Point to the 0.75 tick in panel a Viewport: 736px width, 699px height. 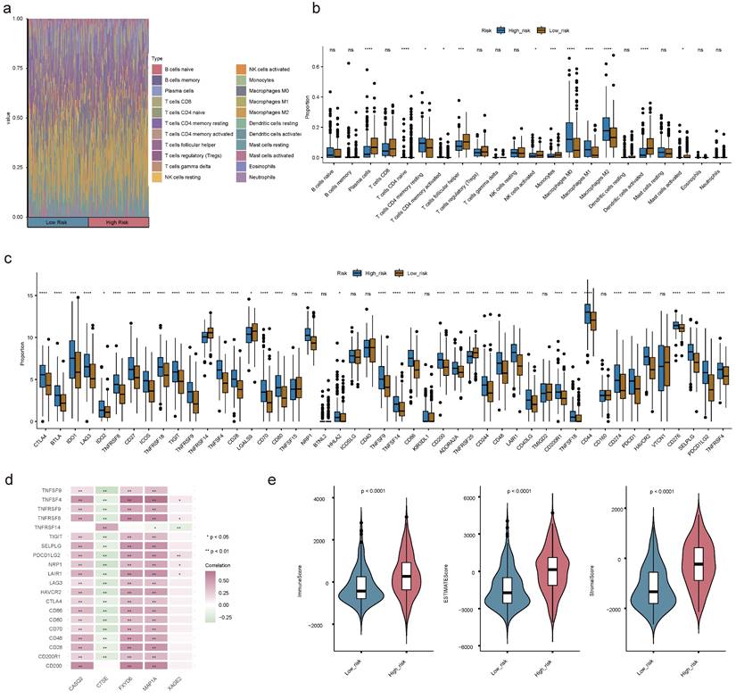point(19,68)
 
